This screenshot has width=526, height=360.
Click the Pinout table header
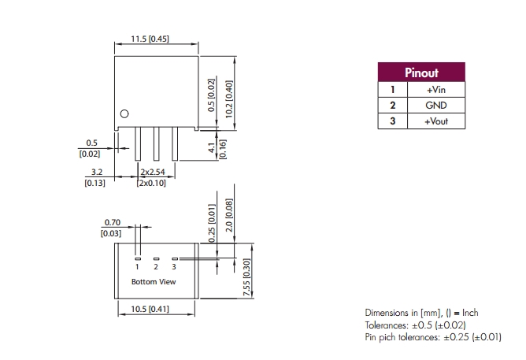[421, 73]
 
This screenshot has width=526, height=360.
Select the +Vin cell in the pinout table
[435, 90]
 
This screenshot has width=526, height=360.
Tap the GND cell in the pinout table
[435, 106]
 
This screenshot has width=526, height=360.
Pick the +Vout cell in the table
[435, 121]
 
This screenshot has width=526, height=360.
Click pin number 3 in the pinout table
[392, 121]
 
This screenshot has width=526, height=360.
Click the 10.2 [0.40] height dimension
[229, 97]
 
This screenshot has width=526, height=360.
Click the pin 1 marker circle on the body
[123, 114]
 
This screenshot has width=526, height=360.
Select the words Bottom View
[154, 281]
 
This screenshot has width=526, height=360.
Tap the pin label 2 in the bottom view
[156, 268]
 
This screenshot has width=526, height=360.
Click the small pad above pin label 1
[137, 258]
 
